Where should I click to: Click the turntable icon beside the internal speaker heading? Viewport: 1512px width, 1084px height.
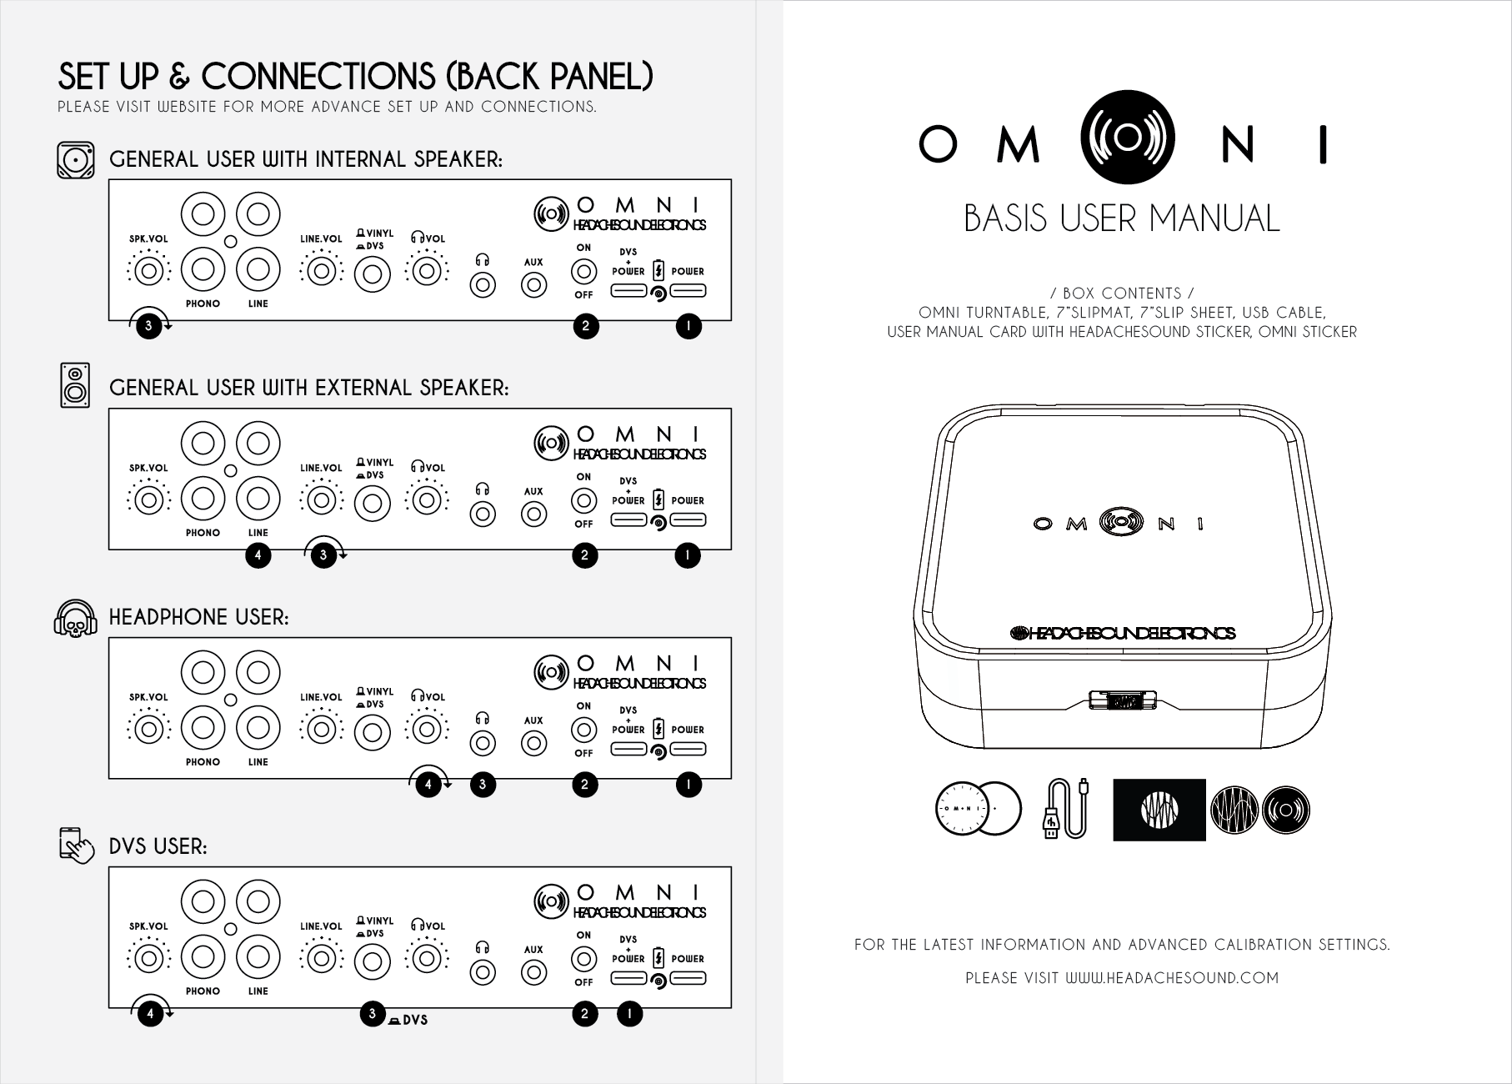pyautogui.click(x=75, y=160)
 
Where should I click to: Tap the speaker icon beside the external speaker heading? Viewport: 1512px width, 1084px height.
pyautogui.click(x=75, y=385)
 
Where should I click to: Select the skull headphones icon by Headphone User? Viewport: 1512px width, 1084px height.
pyautogui.click(x=75, y=619)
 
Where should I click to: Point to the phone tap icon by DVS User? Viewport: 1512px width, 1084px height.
pyautogui.click(x=77, y=845)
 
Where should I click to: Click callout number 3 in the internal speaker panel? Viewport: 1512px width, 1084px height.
pyautogui.click(x=149, y=326)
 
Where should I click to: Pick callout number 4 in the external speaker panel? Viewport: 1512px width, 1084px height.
pyautogui.click(x=258, y=555)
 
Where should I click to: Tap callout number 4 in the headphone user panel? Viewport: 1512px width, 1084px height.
pyautogui.click(x=428, y=785)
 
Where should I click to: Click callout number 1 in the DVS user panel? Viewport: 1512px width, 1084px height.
pyautogui.click(x=629, y=1014)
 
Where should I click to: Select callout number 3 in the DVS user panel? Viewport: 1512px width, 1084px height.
pyautogui.click(x=373, y=1014)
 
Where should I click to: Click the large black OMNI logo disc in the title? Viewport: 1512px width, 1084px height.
pyautogui.click(x=1127, y=138)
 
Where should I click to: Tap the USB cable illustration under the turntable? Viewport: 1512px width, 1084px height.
pyautogui.click(x=1065, y=809)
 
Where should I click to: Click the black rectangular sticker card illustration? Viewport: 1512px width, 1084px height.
pyautogui.click(x=1159, y=810)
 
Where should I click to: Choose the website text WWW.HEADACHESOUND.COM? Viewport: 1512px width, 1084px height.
pyautogui.click(x=1172, y=978)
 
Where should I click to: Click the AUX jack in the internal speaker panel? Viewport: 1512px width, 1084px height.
pyautogui.click(x=533, y=285)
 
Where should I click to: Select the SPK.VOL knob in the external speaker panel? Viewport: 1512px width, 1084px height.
pyautogui.click(x=149, y=500)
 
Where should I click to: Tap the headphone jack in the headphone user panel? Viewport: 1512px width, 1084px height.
pyautogui.click(x=483, y=743)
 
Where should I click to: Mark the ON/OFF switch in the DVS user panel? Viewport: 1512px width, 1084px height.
pyautogui.click(x=583, y=959)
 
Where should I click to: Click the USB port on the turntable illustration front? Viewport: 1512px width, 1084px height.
pyautogui.click(x=1123, y=700)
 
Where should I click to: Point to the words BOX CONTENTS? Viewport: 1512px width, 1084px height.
pyautogui.click(x=1122, y=294)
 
